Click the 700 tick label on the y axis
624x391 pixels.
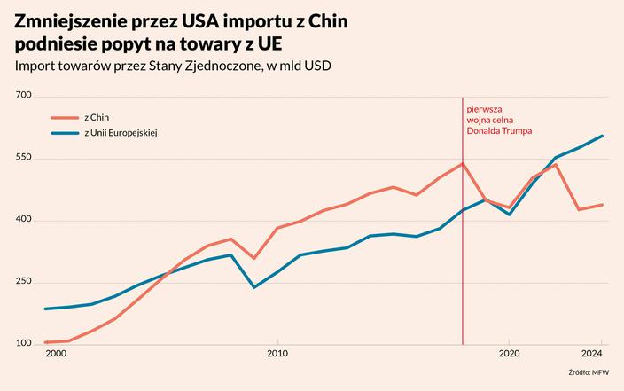tap(23, 95)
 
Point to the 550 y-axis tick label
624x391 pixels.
tap(23, 157)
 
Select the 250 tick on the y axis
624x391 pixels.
tap(23, 281)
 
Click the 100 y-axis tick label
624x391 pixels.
tap(23, 343)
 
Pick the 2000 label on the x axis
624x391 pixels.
tap(56, 354)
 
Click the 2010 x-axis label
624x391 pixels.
tap(277, 354)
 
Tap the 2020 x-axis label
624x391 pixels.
tap(509, 354)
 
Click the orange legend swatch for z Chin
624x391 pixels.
tap(65, 117)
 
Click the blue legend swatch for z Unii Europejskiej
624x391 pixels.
tap(65, 133)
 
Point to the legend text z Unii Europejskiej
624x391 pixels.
tap(121, 133)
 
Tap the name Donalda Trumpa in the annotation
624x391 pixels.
tap(497, 129)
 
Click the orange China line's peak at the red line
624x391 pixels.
tap(463, 163)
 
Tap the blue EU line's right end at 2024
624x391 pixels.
tap(603, 136)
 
